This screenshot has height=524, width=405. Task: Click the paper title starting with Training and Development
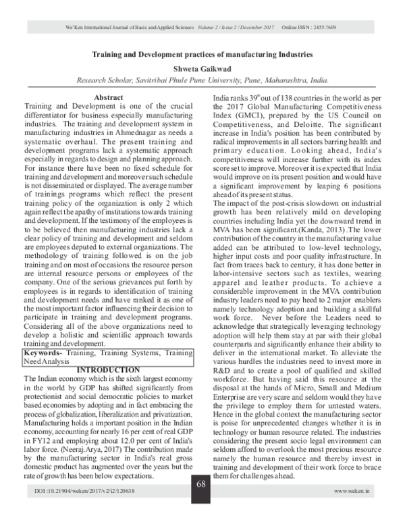pyautogui.click(x=202, y=53)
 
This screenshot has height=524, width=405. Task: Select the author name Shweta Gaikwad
pyautogui.click(x=202, y=67)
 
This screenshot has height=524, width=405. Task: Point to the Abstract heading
pyautogui.click(x=109, y=98)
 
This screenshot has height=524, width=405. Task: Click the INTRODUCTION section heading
pyautogui.click(x=108, y=370)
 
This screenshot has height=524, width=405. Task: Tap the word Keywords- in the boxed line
pyautogui.click(x=45, y=353)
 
